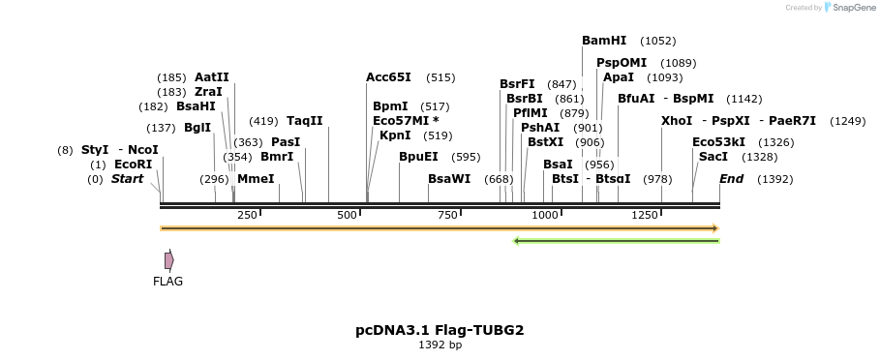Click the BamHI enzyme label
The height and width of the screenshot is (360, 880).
(604, 41)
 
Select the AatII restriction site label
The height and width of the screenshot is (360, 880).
(212, 77)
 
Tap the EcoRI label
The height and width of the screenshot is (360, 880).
(133, 165)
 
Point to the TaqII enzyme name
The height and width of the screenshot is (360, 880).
(304, 121)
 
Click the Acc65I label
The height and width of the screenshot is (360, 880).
(388, 77)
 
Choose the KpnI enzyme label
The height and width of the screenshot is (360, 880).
(395, 135)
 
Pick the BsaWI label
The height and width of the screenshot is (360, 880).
(449, 179)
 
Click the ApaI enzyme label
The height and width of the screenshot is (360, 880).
(618, 77)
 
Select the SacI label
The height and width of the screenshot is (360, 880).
(713, 157)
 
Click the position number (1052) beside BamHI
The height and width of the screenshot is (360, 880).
(658, 41)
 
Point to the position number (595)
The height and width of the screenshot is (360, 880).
(466, 157)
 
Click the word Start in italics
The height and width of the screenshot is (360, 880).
(127, 179)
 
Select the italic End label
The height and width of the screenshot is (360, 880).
(731, 179)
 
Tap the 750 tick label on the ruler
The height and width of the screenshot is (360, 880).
(448, 215)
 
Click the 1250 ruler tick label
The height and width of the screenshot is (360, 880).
(645, 215)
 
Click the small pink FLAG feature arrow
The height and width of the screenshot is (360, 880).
(169, 260)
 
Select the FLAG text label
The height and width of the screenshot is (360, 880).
(168, 282)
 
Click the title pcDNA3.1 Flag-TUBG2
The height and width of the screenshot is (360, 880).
(440, 330)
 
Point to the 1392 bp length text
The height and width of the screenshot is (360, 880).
(440, 345)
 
